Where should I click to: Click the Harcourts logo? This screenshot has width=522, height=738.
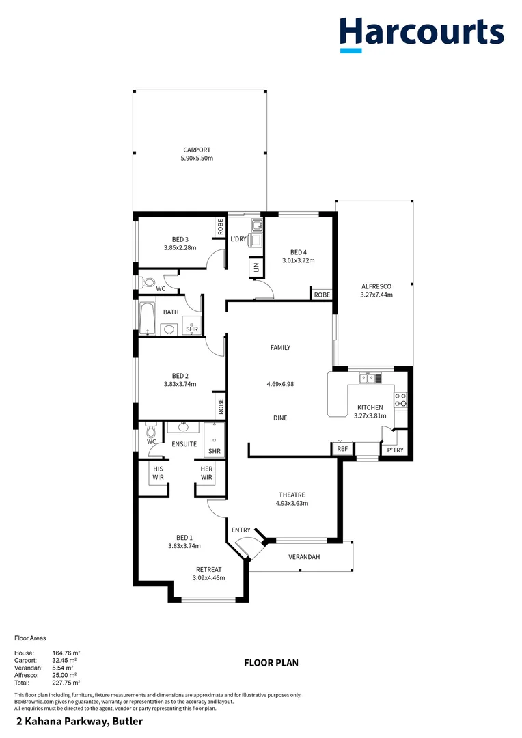[x=422, y=34]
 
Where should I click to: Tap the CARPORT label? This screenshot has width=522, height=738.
[x=197, y=150]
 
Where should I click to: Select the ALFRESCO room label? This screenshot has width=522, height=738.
[x=376, y=286]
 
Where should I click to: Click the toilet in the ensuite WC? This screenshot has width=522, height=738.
[x=151, y=431]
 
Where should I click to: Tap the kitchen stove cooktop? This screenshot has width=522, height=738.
[x=402, y=400]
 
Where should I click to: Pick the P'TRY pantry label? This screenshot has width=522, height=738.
[x=395, y=450]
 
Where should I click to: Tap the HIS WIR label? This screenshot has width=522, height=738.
[x=158, y=473]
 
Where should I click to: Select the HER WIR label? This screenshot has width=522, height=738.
[x=207, y=473]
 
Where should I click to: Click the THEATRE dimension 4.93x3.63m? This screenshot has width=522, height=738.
[x=292, y=504]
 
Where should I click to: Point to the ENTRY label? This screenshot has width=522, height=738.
[x=241, y=530]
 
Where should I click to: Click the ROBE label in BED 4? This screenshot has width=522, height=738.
[x=322, y=295]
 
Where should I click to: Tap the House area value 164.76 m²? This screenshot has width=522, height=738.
[x=66, y=653]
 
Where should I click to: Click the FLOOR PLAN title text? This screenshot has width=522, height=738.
[x=271, y=662]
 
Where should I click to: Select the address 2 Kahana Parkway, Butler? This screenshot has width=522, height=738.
[x=79, y=722]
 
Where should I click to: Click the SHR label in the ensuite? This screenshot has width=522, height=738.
[x=214, y=451]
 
